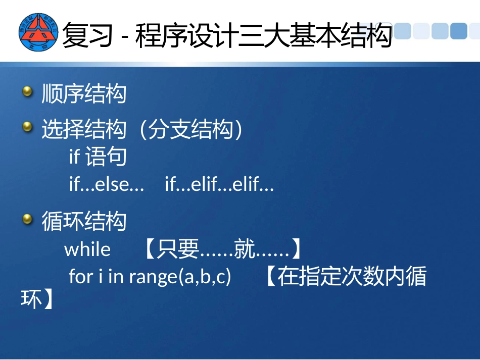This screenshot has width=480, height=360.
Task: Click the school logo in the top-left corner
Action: (x=38, y=33)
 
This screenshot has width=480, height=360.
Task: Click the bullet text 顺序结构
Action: (x=84, y=94)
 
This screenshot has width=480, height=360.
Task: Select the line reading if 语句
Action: (x=98, y=157)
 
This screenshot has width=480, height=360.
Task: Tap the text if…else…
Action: (x=107, y=185)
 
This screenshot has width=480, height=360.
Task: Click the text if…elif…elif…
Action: (x=219, y=185)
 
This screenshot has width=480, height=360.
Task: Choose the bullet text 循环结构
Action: (x=84, y=222)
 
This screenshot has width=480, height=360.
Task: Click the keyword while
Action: (x=87, y=249)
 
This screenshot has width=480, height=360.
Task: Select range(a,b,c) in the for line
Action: (x=180, y=277)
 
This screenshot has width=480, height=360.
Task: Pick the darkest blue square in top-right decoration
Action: (x=458, y=31)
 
